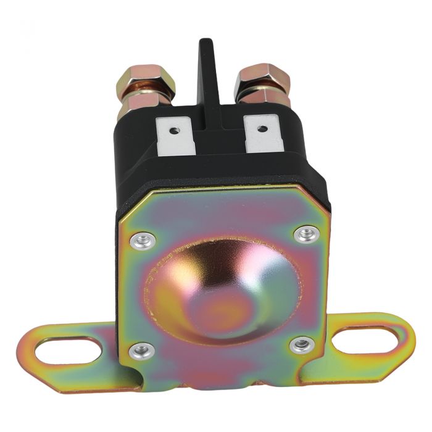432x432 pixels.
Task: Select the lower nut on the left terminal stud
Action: pyautogui.click(x=145, y=101)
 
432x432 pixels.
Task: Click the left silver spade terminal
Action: pyautogui.click(x=175, y=137)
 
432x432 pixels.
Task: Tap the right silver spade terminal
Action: pyautogui.click(x=264, y=135)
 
